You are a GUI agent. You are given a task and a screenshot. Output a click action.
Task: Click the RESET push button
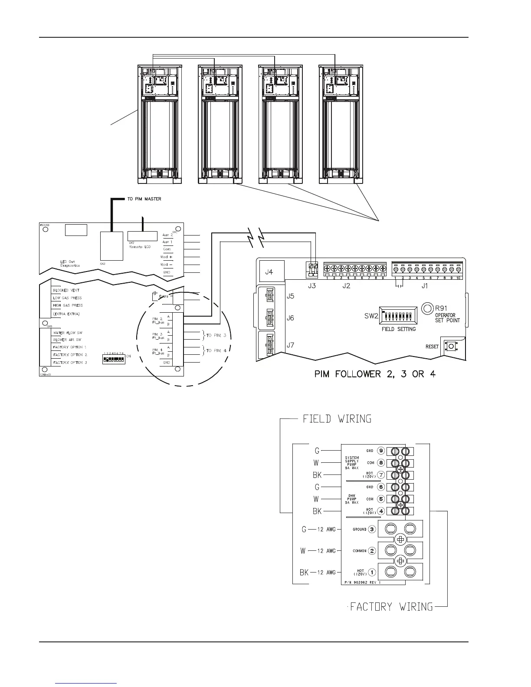click(451, 346)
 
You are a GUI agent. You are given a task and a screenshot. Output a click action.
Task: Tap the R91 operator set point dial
click(427, 308)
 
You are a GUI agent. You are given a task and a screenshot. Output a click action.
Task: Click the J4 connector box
click(271, 272)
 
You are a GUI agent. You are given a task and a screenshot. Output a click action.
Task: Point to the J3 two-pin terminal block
click(312, 269)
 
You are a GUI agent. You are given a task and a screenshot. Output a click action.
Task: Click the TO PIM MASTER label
click(144, 199)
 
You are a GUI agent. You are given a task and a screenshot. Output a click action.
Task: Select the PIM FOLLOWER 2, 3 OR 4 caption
click(375, 374)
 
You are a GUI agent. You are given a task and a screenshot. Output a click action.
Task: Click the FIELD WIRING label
click(337, 419)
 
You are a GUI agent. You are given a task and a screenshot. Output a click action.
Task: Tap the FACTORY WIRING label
click(391, 606)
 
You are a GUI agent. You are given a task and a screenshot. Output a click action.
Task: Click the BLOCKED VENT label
click(66, 290)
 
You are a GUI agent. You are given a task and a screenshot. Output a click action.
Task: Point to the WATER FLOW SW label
click(68, 333)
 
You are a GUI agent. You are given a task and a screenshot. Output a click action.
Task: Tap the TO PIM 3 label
click(216, 335)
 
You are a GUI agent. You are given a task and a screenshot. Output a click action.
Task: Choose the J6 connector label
click(290, 318)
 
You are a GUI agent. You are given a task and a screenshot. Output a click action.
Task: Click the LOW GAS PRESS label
click(67, 298)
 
